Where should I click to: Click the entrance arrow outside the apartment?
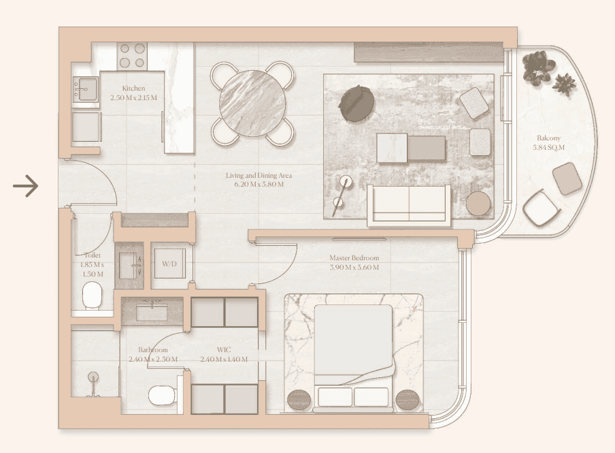coord(25,185)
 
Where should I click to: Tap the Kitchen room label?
coord(133,89)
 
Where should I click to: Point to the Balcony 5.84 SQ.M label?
coord(549,142)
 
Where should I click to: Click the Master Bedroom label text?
coord(354,258)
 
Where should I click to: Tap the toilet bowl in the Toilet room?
coord(92,294)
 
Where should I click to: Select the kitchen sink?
coord(86,90)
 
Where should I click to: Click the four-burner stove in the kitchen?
coord(132,55)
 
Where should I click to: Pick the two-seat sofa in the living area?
coord(408,204)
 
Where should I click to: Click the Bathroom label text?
coord(152,350)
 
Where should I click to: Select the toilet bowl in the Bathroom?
coord(163,394)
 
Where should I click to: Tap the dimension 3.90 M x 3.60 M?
coord(354,267)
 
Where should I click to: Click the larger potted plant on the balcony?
coord(539,67)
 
